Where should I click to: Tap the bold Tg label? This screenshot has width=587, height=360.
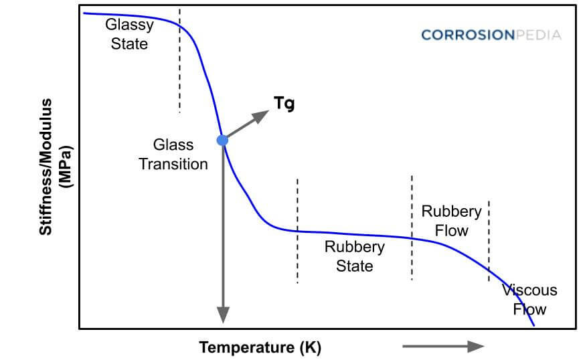point(284,103)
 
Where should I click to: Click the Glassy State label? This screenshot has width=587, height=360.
point(129,34)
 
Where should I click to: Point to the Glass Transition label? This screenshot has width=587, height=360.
point(173,154)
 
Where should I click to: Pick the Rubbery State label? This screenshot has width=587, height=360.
point(354,256)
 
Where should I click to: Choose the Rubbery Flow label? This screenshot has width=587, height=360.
point(451,221)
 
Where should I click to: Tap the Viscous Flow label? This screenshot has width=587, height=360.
point(529,300)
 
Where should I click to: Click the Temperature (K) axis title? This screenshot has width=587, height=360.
point(260,347)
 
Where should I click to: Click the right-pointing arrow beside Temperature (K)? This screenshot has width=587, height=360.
point(443,346)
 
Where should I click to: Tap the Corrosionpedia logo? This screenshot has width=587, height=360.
point(491,35)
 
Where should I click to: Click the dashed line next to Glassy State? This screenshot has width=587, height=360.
point(179,60)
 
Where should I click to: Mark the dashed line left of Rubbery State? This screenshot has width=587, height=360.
point(297,231)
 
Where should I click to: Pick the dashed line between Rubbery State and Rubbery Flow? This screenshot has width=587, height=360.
point(412,228)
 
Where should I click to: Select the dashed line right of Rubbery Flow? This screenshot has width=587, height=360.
point(489,241)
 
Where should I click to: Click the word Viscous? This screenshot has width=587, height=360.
point(529,290)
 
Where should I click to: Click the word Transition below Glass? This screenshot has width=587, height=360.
point(173,163)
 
